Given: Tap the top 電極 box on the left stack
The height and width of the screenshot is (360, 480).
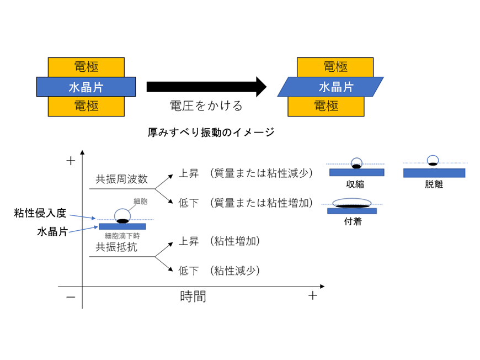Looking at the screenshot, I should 86,67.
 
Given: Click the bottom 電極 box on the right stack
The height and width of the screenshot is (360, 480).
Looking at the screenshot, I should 326,106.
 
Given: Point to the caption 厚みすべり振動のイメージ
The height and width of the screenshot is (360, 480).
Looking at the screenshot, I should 211,133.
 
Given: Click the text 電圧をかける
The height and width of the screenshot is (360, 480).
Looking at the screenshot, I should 205,105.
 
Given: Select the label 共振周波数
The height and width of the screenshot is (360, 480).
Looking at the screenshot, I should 121,179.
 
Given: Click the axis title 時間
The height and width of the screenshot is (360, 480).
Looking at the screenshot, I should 193,297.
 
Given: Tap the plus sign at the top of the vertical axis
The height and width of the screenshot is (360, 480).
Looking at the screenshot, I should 70,161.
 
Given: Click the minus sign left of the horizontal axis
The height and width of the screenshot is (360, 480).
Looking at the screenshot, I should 70,297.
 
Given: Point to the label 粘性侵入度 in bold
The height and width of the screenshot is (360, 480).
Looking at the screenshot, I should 40,213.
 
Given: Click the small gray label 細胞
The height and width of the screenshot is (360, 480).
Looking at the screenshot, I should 140,202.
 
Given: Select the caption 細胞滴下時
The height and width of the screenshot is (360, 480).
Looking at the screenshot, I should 122,236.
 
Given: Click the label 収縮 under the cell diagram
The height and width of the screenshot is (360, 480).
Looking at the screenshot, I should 355,184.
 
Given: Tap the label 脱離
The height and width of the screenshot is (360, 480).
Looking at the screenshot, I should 434,184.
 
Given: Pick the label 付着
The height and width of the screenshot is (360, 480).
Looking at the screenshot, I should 352,221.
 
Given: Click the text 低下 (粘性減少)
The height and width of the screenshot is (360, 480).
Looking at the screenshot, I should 218,271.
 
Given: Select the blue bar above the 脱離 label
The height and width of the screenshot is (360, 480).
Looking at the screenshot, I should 434,173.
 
